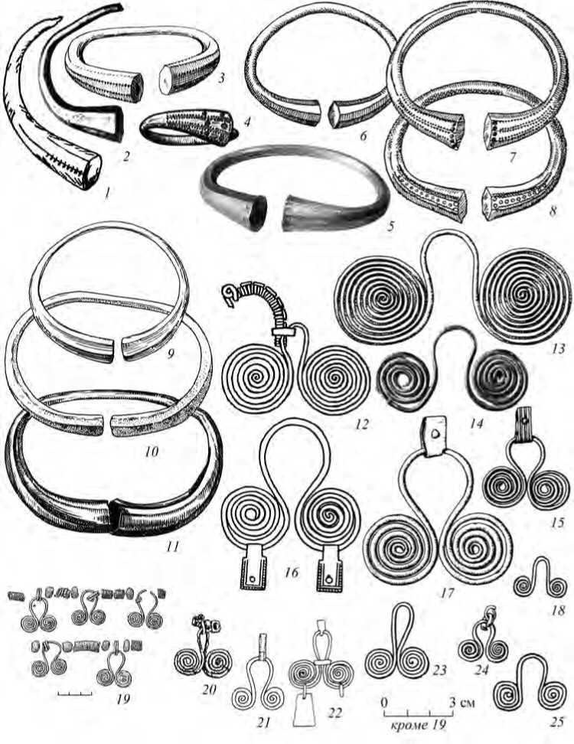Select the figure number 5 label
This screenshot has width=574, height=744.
[390, 227]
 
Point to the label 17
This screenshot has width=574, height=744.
[446, 592]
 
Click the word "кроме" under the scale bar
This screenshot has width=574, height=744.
[407, 725]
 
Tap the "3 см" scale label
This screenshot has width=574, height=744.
[461, 700]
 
